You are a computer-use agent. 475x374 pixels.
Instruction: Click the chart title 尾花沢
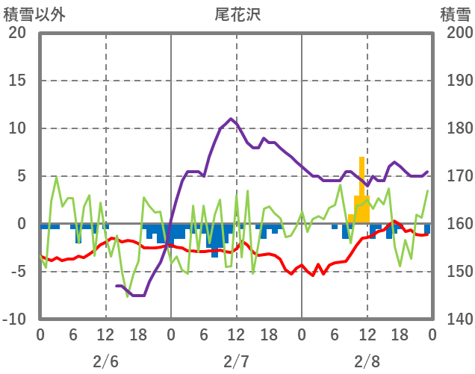[x=237, y=14]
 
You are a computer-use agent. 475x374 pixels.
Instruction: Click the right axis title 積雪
[x=455, y=14]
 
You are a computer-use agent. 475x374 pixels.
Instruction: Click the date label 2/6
[x=105, y=362]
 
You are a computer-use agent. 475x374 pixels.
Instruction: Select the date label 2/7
[x=236, y=362]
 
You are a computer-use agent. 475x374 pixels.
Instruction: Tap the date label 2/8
[x=367, y=362]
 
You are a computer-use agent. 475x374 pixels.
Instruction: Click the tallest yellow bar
[x=361, y=187]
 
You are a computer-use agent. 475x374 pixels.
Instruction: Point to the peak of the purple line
[x=231, y=119]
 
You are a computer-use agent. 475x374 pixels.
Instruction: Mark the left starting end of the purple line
[x=117, y=286]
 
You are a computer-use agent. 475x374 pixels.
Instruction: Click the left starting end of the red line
[x=40, y=256]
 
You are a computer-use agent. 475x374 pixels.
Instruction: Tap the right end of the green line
[x=427, y=191]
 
